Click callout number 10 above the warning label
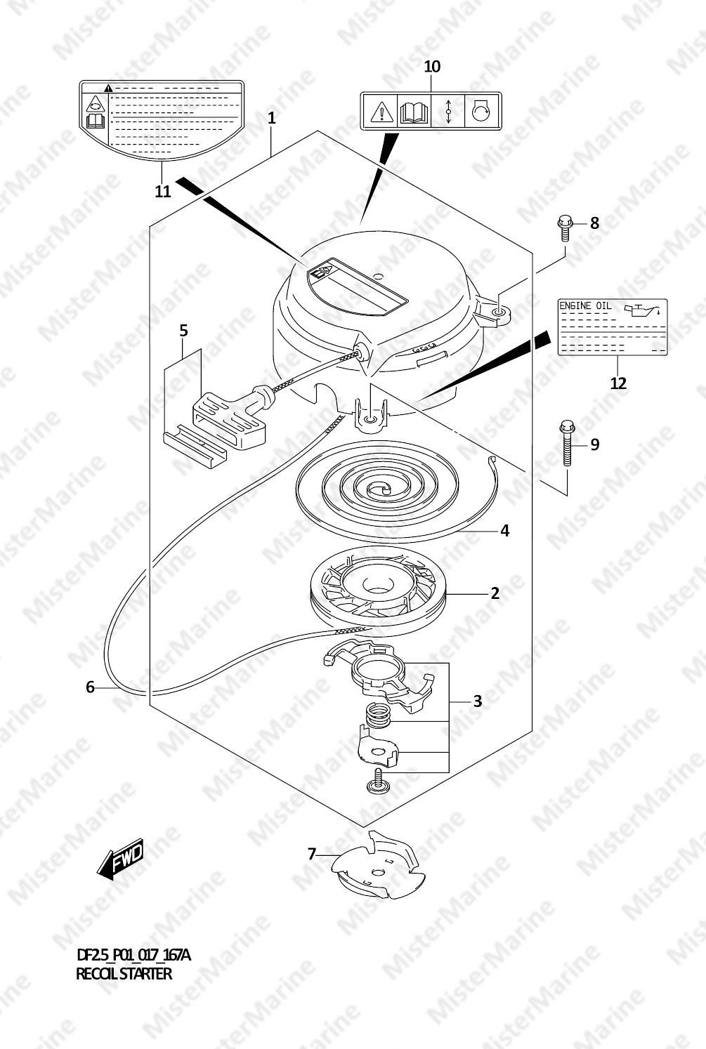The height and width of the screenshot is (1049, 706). point(432,67)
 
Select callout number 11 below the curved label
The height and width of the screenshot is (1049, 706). point(162,192)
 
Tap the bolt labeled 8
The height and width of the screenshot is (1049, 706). point(566,227)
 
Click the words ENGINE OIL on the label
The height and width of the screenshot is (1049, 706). point(585,306)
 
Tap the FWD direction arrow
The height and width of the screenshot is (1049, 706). point(120,859)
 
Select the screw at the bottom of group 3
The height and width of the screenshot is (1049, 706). point(377,782)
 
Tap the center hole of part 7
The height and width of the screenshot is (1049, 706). point(377,872)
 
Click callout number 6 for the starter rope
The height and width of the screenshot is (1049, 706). point(90,687)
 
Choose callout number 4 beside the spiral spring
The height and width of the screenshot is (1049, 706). point(504,531)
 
